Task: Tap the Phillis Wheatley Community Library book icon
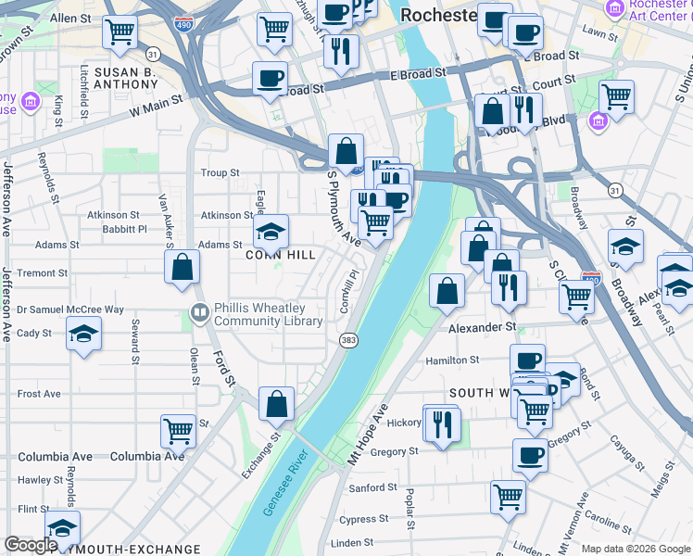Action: (198, 313)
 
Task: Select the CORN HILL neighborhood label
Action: (281, 254)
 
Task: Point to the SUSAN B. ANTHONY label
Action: (139, 78)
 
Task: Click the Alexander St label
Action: (482, 328)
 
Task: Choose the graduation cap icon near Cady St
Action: (83, 334)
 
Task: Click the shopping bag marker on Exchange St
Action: (276, 404)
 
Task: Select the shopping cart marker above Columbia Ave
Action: (178, 430)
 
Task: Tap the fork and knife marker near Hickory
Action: (442, 423)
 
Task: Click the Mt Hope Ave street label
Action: (367, 435)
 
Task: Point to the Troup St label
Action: (220, 173)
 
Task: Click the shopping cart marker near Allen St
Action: (120, 32)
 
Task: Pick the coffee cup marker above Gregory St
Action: (531, 455)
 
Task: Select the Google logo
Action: (31, 545)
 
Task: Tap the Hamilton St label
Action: (451, 360)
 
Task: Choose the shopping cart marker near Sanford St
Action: (508, 497)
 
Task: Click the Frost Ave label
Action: (39, 394)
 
